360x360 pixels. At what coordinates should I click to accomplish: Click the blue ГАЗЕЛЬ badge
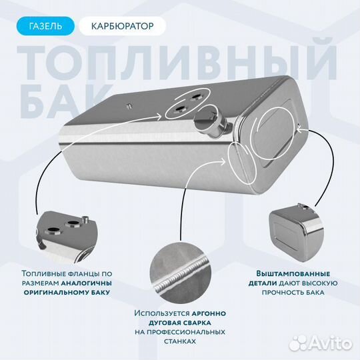(x=46, y=27)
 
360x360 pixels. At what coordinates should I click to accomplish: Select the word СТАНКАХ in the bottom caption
(x=179, y=341)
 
